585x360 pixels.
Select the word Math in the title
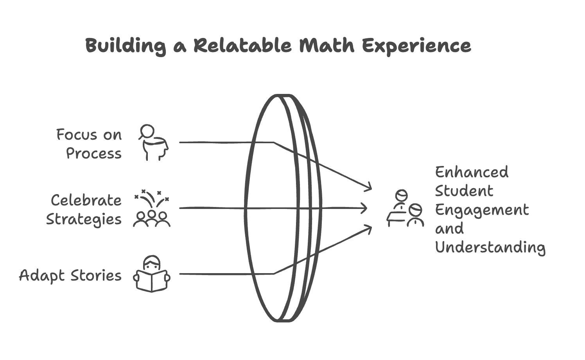327,46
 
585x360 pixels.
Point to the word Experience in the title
416,46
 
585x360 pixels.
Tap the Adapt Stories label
70,275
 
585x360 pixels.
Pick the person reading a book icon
152,274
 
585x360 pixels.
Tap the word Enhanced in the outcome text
472,172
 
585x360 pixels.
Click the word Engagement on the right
482,210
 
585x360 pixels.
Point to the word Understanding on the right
490,247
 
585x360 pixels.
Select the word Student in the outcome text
464,191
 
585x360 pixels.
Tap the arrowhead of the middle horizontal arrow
364,208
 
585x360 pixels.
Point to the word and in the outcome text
449,229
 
